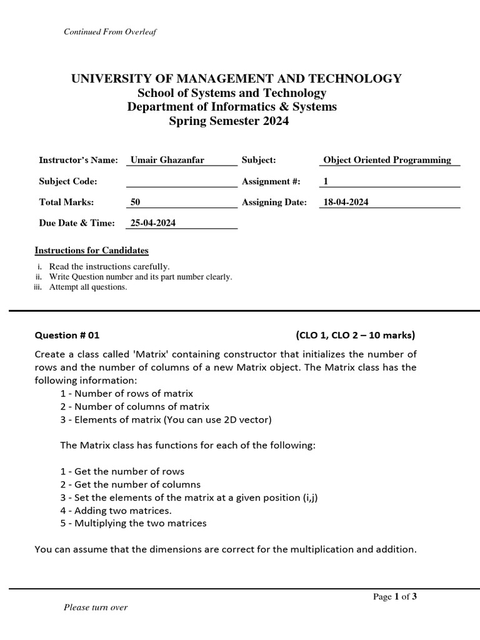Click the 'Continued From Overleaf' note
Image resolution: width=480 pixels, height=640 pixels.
109,32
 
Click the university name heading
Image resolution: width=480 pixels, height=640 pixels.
236,79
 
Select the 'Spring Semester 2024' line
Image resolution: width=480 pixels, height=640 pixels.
229,121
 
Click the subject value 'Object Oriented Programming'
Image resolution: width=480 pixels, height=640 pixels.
387,160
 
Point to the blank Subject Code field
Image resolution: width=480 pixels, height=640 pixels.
181,181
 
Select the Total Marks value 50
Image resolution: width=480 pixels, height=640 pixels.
136,202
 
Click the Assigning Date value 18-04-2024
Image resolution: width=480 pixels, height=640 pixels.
346,202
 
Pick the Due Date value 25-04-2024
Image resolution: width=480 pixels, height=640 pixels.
153,223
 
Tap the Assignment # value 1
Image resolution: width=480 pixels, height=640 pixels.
325,181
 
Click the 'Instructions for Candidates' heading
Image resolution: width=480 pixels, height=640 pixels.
91,251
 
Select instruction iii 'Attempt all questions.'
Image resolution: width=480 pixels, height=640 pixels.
88,287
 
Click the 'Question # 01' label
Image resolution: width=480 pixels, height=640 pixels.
67,335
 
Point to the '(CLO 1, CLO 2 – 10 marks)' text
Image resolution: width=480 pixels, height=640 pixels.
355,335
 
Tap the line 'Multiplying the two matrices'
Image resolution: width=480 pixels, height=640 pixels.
133,523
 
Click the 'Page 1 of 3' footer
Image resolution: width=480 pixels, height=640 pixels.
395,596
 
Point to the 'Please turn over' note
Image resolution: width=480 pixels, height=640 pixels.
96,607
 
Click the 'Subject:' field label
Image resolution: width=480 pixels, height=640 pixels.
259,160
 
